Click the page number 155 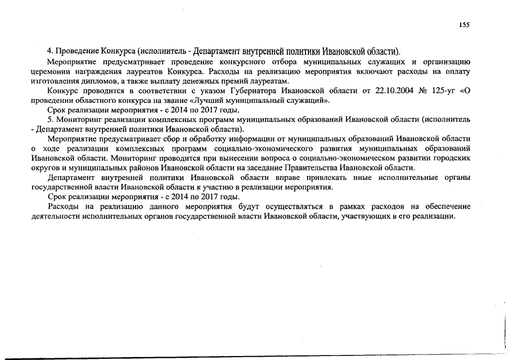click(x=464, y=24)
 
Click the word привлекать click(x=317, y=178)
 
